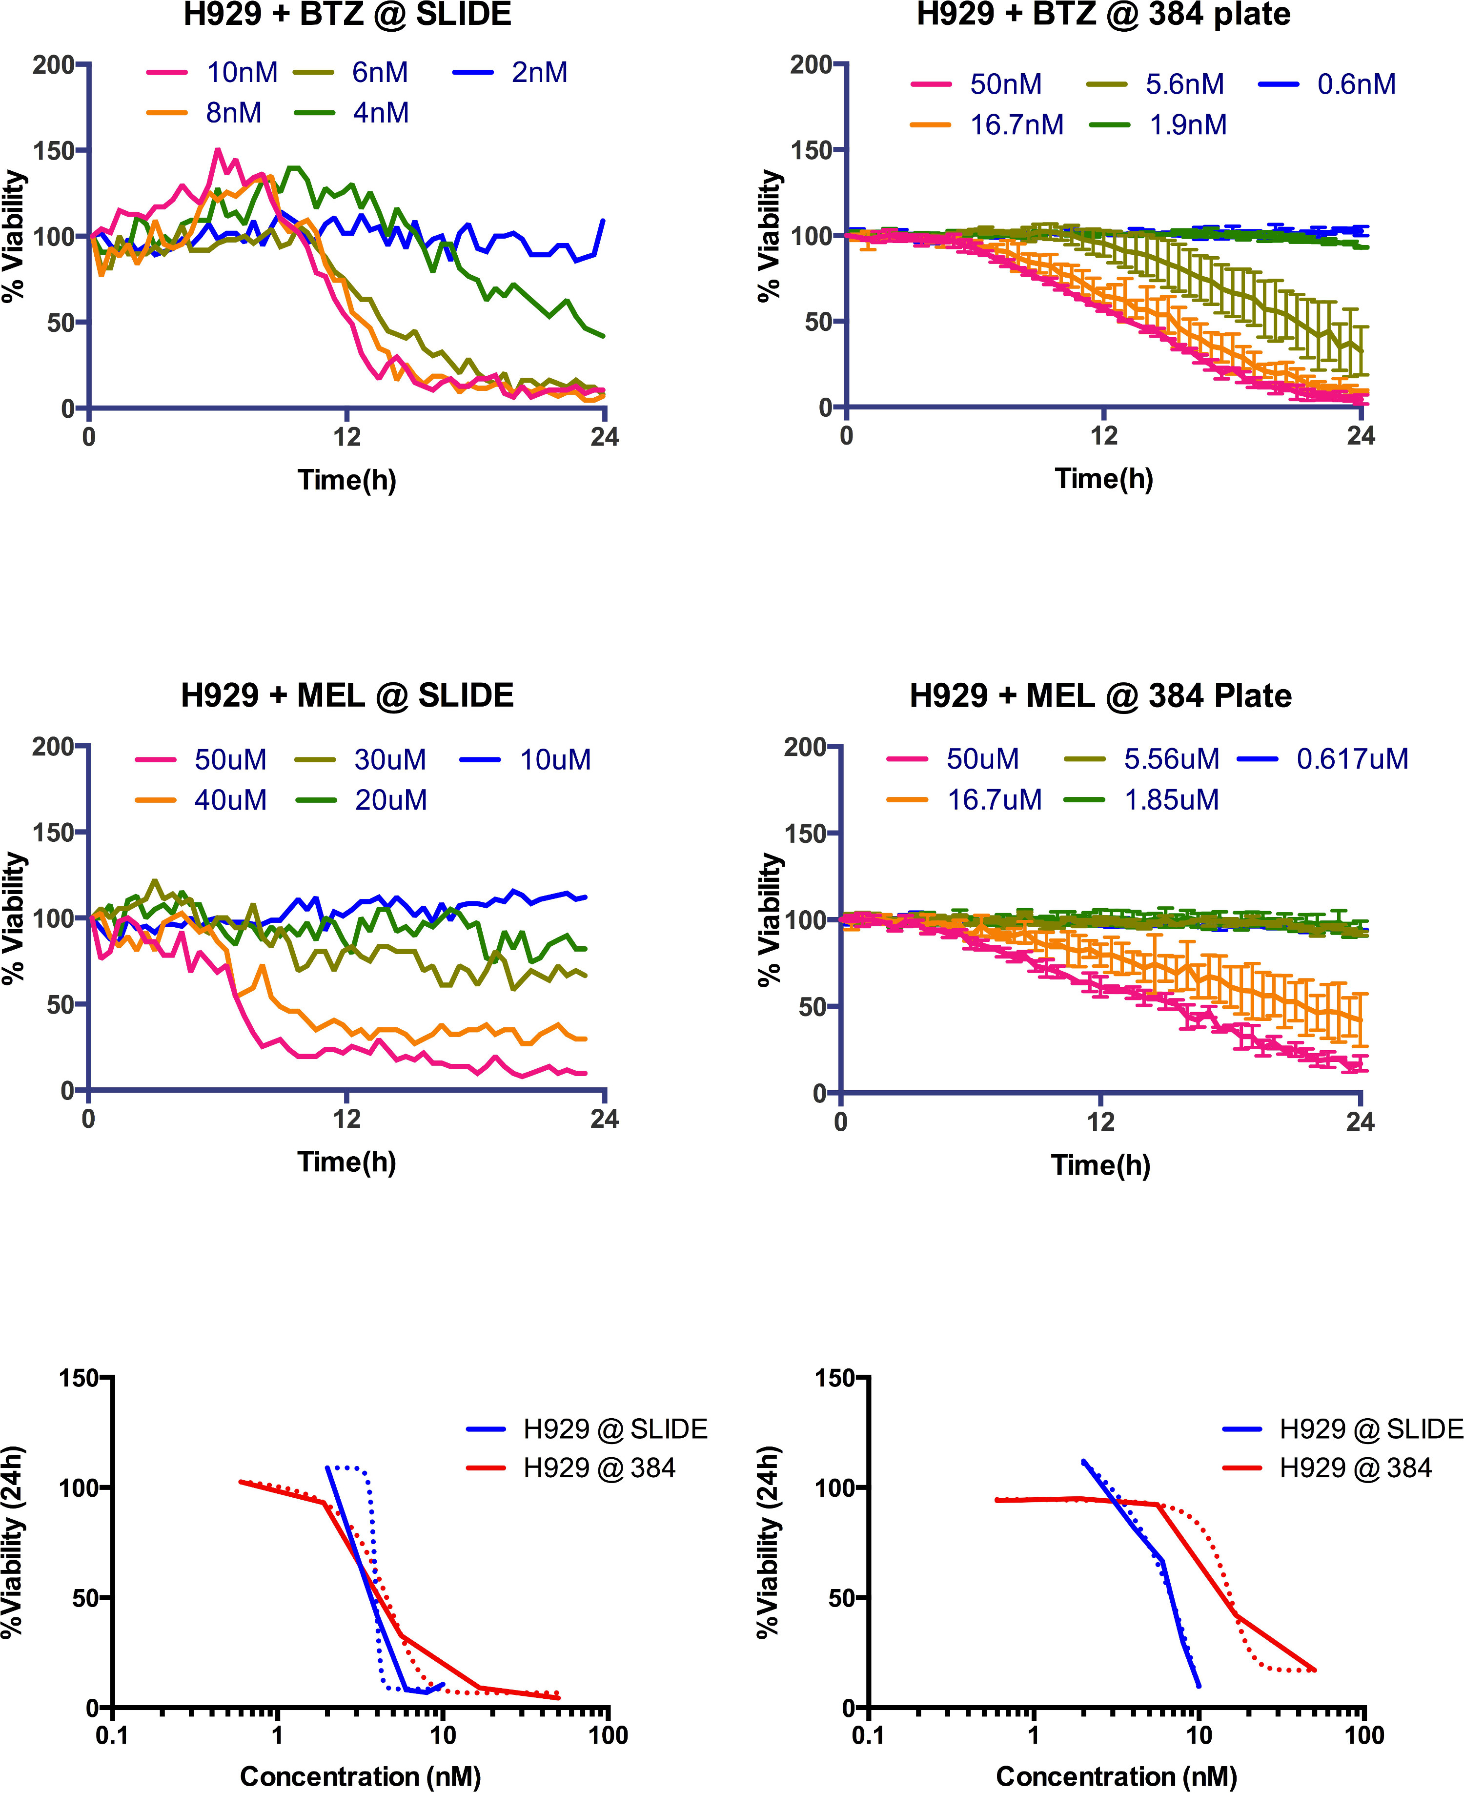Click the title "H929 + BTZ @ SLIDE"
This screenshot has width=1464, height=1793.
click(x=347, y=15)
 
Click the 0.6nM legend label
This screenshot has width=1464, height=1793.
click(x=1356, y=84)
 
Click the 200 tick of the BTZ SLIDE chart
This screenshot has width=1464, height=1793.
click(x=53, y=65)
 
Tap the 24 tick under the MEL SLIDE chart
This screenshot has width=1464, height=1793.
click(x=604, y=1119)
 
